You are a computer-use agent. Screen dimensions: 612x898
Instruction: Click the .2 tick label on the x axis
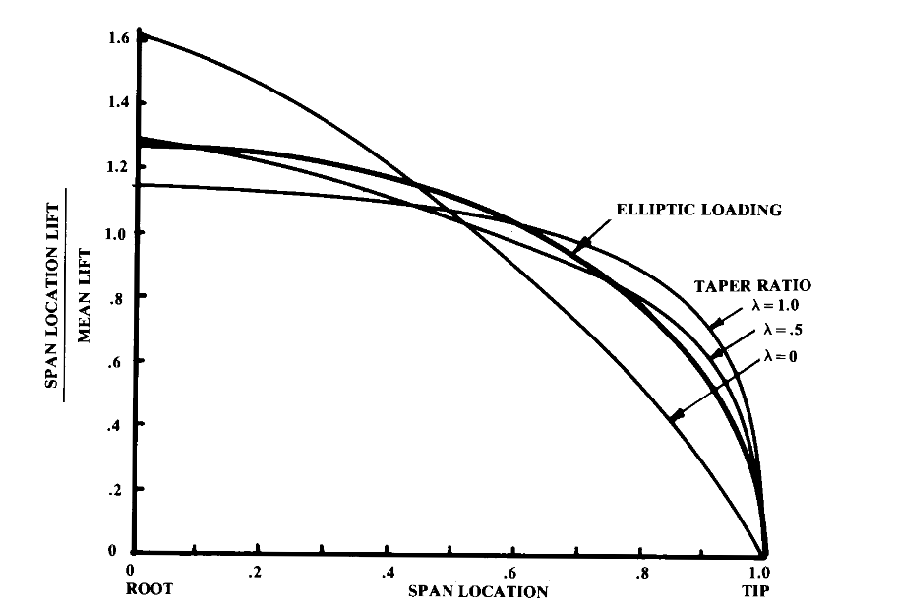click(x=256, y=572)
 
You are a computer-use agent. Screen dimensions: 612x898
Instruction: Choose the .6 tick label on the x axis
click(x=512, y=572)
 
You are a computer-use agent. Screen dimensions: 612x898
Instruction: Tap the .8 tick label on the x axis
click(x=640, y=572)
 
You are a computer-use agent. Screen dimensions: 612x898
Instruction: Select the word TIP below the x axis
click(x=759, y=591)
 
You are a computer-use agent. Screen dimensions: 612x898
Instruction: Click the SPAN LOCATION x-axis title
click(x=478, y=592)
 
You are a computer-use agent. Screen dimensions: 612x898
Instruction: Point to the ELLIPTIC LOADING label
click(x=698, y=210)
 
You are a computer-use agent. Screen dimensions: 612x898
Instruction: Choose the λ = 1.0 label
click(x=774, y=305)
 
